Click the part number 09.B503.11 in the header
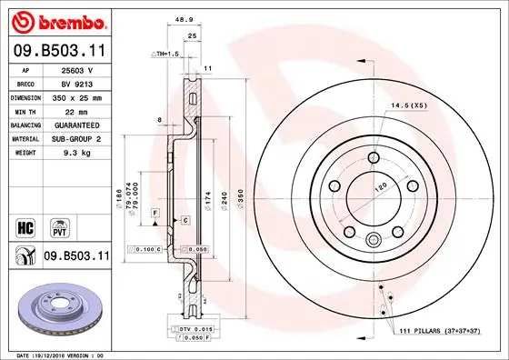(59, 51)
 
